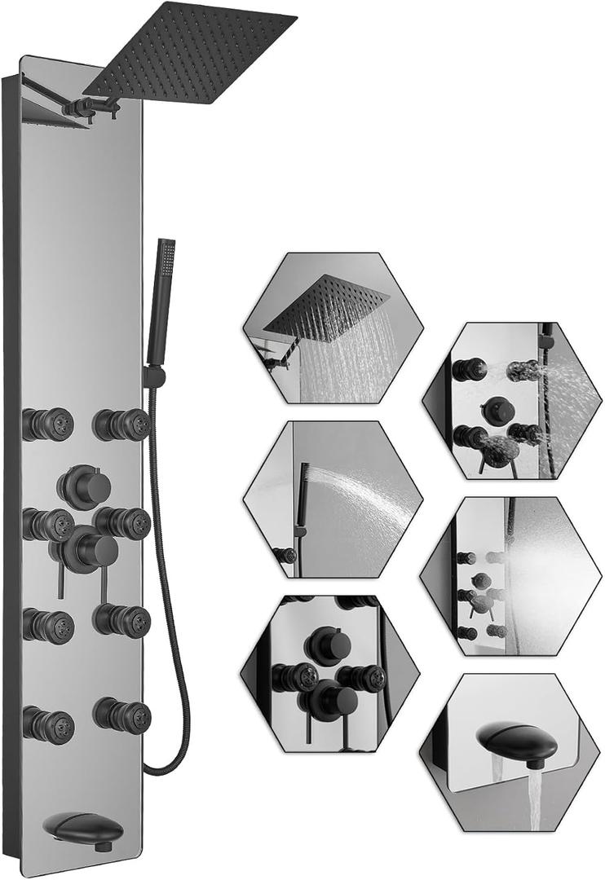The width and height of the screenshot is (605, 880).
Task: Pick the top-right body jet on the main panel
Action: tap(121, 424)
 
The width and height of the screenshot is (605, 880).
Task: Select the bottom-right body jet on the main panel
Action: tap(121, 713)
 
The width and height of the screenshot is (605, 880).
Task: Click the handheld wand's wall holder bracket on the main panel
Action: tap(152, 376)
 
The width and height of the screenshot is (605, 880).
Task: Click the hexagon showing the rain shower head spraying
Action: tap(333, 328)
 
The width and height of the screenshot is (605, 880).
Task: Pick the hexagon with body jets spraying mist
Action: tap(510, 575)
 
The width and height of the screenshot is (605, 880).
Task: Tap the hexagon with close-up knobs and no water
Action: tap(330, 672)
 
